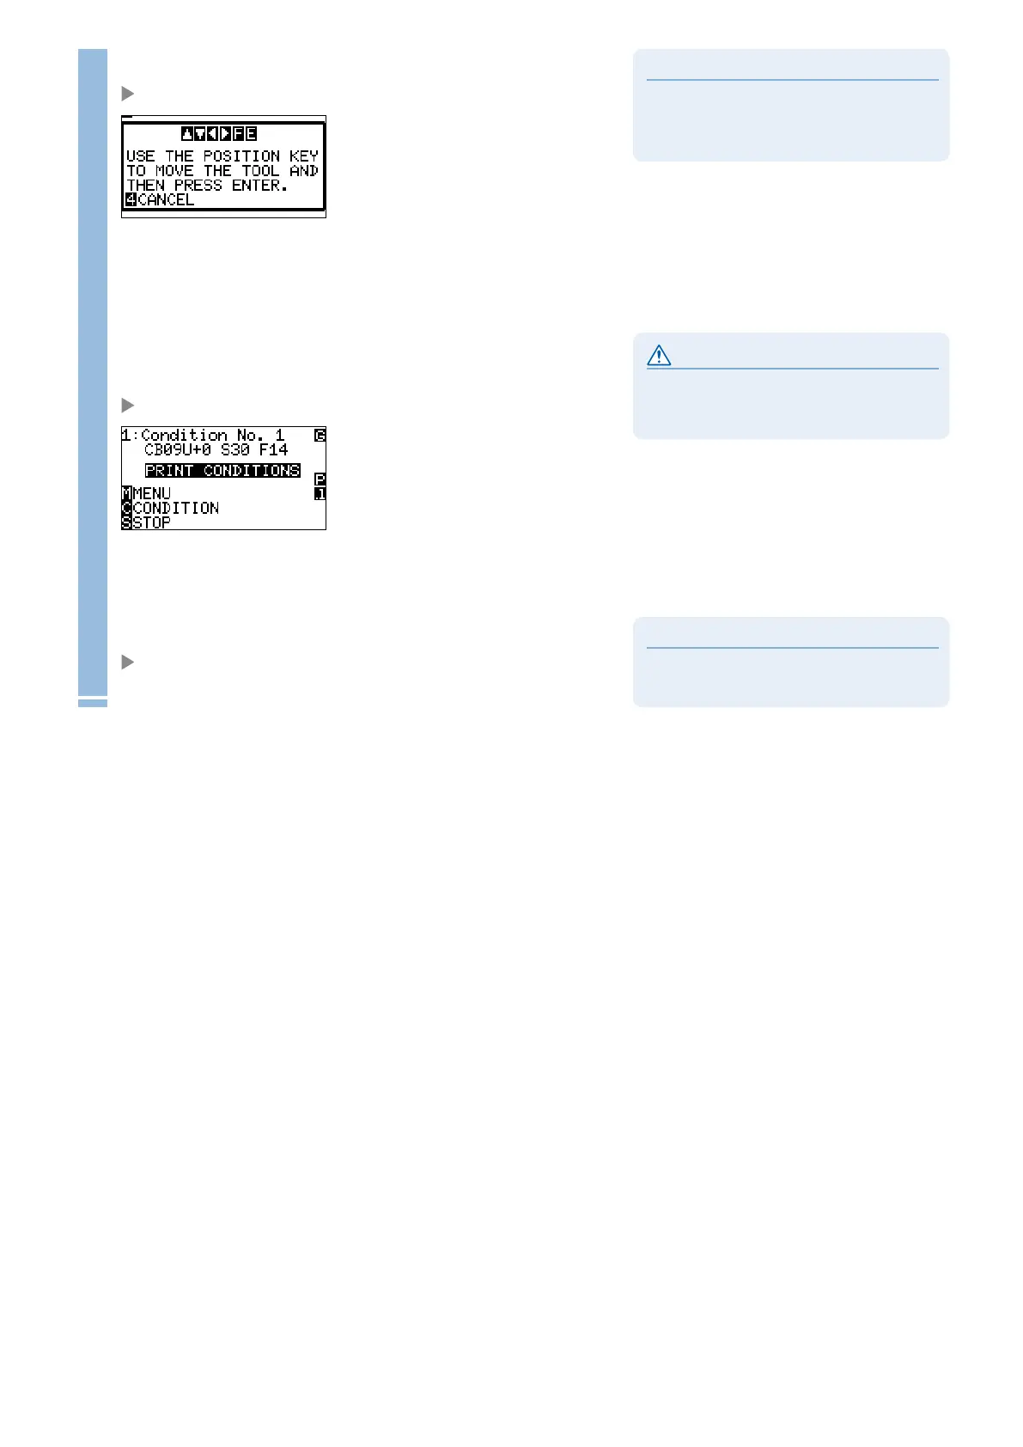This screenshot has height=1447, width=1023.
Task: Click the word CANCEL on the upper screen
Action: [166, 200]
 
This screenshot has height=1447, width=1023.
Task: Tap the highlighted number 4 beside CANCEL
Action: [131, 200]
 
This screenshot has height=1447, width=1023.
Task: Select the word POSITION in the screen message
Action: [241, 156]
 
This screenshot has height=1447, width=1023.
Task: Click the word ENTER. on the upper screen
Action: [259, 186]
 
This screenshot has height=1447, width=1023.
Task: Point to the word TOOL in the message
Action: [260, 171]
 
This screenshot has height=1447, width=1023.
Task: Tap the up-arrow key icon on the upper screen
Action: [187, 134]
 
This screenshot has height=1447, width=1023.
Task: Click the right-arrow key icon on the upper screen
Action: [225, 134]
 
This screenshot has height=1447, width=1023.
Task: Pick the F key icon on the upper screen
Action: [238, 134]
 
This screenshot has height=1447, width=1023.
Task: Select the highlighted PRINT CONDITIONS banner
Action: [222, 471]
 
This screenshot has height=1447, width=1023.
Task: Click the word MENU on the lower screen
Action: [152, 493]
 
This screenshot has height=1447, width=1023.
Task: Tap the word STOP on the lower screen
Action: [152, 522]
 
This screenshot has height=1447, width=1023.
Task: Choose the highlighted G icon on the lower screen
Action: [320, 436]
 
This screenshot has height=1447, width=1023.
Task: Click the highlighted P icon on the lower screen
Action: [320, 479]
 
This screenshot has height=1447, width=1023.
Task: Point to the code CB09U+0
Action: [178, 449]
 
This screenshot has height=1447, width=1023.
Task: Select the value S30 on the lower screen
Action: [234, 449]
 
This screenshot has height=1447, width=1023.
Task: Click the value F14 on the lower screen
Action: [273, 449]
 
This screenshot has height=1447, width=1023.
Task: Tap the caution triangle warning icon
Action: [659, 356]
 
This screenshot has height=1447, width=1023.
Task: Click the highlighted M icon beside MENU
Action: [127, 493]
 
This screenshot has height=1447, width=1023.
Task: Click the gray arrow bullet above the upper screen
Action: [128, 93]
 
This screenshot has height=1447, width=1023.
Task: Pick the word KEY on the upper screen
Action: [304, 156]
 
